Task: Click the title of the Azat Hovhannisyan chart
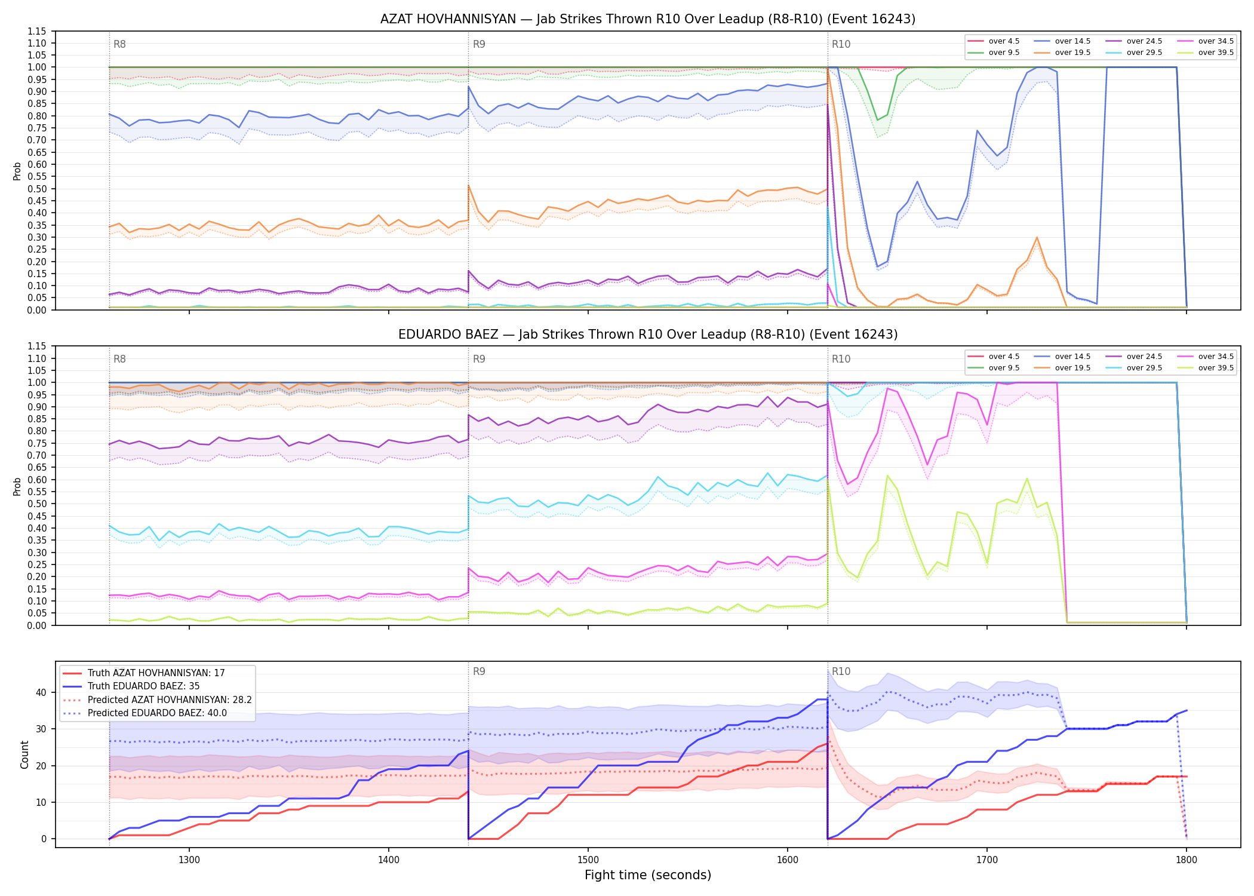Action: (648, 19)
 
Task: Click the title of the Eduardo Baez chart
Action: (648, 335)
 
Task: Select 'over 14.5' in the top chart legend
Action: (1072, 41)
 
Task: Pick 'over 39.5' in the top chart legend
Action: (1216, 53)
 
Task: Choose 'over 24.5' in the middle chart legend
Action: (1144, 357)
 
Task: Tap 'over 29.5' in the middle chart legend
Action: (1144, 368)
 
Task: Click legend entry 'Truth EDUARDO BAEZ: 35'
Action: (143, 686)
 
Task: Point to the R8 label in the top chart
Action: (119, 44)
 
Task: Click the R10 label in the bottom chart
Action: (841, 671)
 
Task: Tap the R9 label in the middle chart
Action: (479, 359)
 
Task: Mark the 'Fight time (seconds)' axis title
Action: (648, 875)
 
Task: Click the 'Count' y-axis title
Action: (24, 754)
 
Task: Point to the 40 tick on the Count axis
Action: (41, 693)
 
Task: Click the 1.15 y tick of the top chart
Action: (37, 31)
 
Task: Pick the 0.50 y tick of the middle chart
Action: (37, 504)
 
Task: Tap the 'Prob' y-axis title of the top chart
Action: (17, 171)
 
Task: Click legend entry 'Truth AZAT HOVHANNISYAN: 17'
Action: (156, 673)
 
